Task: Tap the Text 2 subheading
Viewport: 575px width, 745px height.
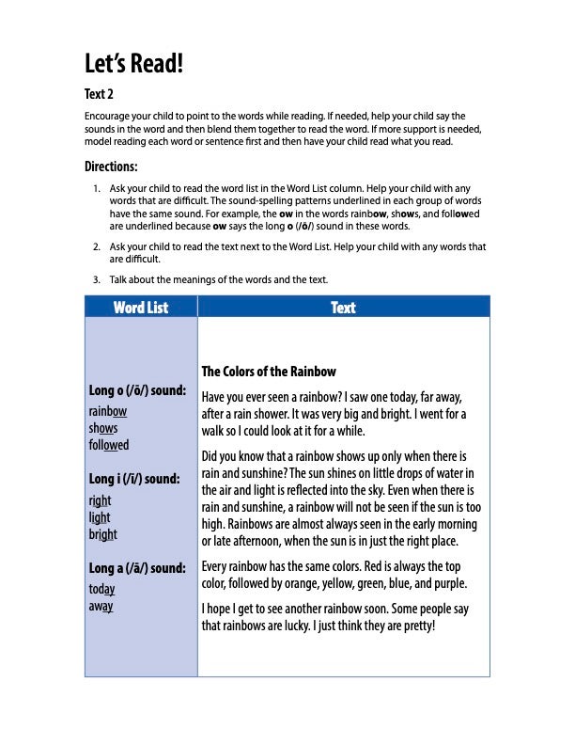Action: click(99, 94)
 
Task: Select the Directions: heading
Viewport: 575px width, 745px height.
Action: click(111, 166)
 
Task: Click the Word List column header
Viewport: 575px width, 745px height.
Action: click(141, 308)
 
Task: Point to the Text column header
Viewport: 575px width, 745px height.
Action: click(344, 308)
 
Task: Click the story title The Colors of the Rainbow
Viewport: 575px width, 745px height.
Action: click(269, 372)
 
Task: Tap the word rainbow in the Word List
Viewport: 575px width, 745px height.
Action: click(108, 412)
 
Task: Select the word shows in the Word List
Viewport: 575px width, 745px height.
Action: click(103, 428)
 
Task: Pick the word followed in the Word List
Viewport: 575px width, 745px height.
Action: click(109, 445)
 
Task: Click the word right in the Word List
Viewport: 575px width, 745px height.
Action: click(100, 501)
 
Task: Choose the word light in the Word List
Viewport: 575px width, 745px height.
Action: click(100, 517)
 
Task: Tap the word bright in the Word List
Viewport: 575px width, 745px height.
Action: click(103, 534)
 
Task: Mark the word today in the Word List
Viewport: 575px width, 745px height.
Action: click(102, 590)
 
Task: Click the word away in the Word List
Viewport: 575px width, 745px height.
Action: click(101, 607)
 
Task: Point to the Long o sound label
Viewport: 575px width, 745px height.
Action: click(137, 389)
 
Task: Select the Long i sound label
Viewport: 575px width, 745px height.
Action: click(134, 479)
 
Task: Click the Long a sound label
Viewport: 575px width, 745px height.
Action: click(137, 568)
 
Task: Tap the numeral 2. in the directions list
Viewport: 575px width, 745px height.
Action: click(97, 247)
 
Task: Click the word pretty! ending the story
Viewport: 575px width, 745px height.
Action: click(414, 625)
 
